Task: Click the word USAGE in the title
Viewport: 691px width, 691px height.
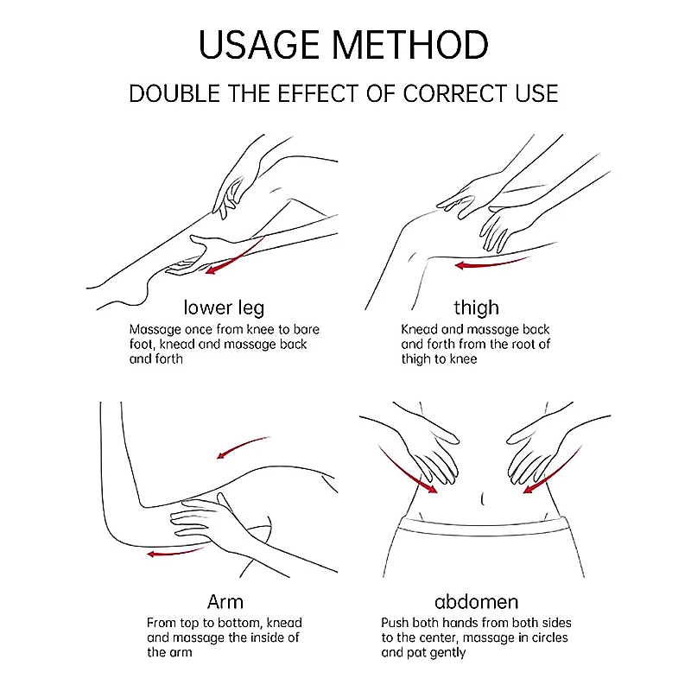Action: pyautogui.click(x=259, y=45)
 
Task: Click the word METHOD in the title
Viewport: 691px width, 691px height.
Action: pyautogui.click(x=410, y=45)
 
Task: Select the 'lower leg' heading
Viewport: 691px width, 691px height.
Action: pyautogui.click(x=224, y=308)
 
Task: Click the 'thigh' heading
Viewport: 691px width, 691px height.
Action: pyautogui.click(x=477, y=307)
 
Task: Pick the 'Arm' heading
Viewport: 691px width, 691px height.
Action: pyautogui.click(x=225, y=601)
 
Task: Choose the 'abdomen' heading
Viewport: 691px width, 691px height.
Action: pyautogui.click(x=477, y=601)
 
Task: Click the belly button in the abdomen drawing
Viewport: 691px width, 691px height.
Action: pyautogui.click(x=483, y=499)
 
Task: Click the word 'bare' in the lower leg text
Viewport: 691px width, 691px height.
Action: pyautogui.click(x=307, y=330)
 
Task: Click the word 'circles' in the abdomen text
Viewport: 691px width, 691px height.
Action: pyautogui.click(x=548, y=637)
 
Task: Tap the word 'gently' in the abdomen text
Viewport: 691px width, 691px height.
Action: pyautogui.click(x=447, y=653)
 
